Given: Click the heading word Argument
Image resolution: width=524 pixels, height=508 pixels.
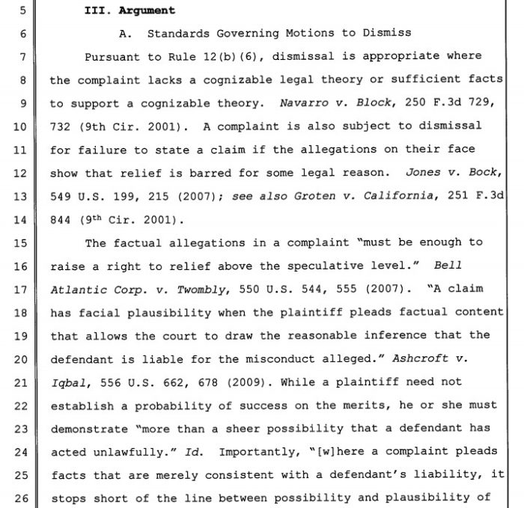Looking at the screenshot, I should point(147,10).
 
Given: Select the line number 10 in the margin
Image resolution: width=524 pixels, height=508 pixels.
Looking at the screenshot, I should point(20,126).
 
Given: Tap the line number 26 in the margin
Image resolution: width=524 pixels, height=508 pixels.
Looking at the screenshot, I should point(20,497).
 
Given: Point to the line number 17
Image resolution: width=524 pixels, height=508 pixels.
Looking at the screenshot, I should point(20,288).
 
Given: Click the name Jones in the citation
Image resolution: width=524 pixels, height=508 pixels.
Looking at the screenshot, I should point(423,172).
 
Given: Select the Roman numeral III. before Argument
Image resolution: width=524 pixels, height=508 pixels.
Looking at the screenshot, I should point(95,10).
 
